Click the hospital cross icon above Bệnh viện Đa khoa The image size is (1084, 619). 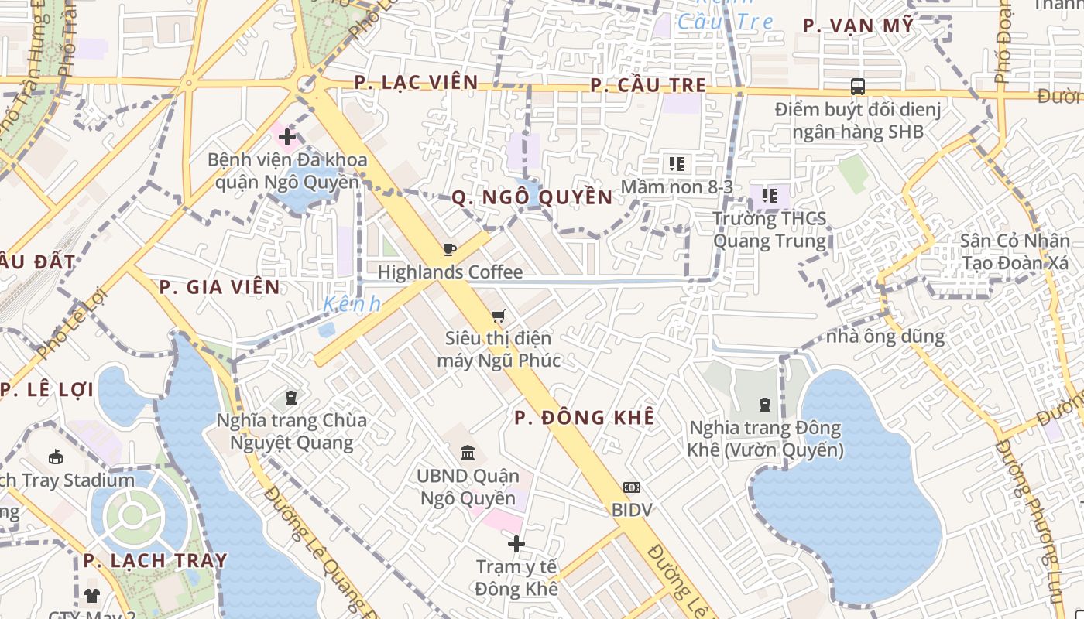click(287, 138)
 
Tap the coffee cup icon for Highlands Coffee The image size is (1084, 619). click(449, 249)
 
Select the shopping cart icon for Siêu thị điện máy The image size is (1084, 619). click(498, 316)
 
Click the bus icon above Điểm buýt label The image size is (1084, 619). click(857, 86)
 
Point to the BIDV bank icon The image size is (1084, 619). click(632, 487)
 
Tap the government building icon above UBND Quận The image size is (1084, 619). click(468, 453)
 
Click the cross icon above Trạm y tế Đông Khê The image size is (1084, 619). click(516, 544)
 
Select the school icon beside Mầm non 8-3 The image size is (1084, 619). click(677, 164)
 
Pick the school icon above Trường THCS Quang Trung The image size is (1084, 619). click(769, 195)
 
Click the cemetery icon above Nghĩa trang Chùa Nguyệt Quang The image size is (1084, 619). click(291, 398)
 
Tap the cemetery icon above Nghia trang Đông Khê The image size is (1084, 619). click(765, 404)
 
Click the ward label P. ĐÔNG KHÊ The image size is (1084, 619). click(585, 418)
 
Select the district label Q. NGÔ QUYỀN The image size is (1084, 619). click(533, 197)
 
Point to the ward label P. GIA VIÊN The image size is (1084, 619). click(219, 287)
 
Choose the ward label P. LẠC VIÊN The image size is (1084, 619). click(417, 83)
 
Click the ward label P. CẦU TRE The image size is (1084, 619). click(649, 85)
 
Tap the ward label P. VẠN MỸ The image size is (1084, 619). click(858, 26)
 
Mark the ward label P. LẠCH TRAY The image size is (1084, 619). click(156, 560)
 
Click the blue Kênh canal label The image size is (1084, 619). click(352, 304)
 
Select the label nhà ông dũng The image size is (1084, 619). click(885, 337)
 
